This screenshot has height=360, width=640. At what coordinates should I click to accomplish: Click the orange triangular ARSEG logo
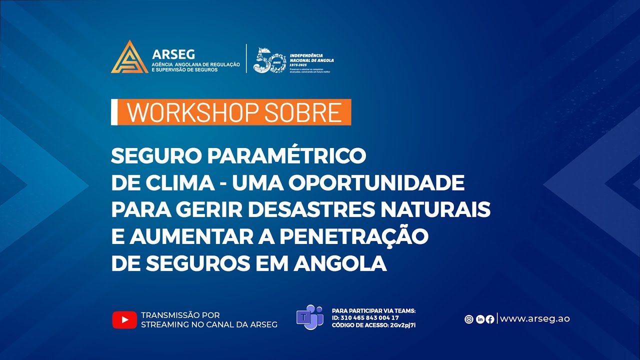coord(129,57)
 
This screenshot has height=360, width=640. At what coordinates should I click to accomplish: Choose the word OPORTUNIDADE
coord(383,183)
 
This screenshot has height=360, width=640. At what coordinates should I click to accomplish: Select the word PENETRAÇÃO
coord(354,236)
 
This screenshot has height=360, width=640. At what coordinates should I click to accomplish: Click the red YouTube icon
coord(124,319)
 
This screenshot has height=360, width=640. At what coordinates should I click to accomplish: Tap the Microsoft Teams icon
coord(309,317)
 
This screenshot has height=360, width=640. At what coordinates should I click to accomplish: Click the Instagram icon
coord(469,319)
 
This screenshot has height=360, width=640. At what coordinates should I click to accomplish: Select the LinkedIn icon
coord(480,319)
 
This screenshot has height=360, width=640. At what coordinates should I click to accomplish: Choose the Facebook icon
coord(490,319)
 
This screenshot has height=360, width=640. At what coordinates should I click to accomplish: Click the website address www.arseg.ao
coord(535,319)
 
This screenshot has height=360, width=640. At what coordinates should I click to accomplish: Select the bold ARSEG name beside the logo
coord(173,54)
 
